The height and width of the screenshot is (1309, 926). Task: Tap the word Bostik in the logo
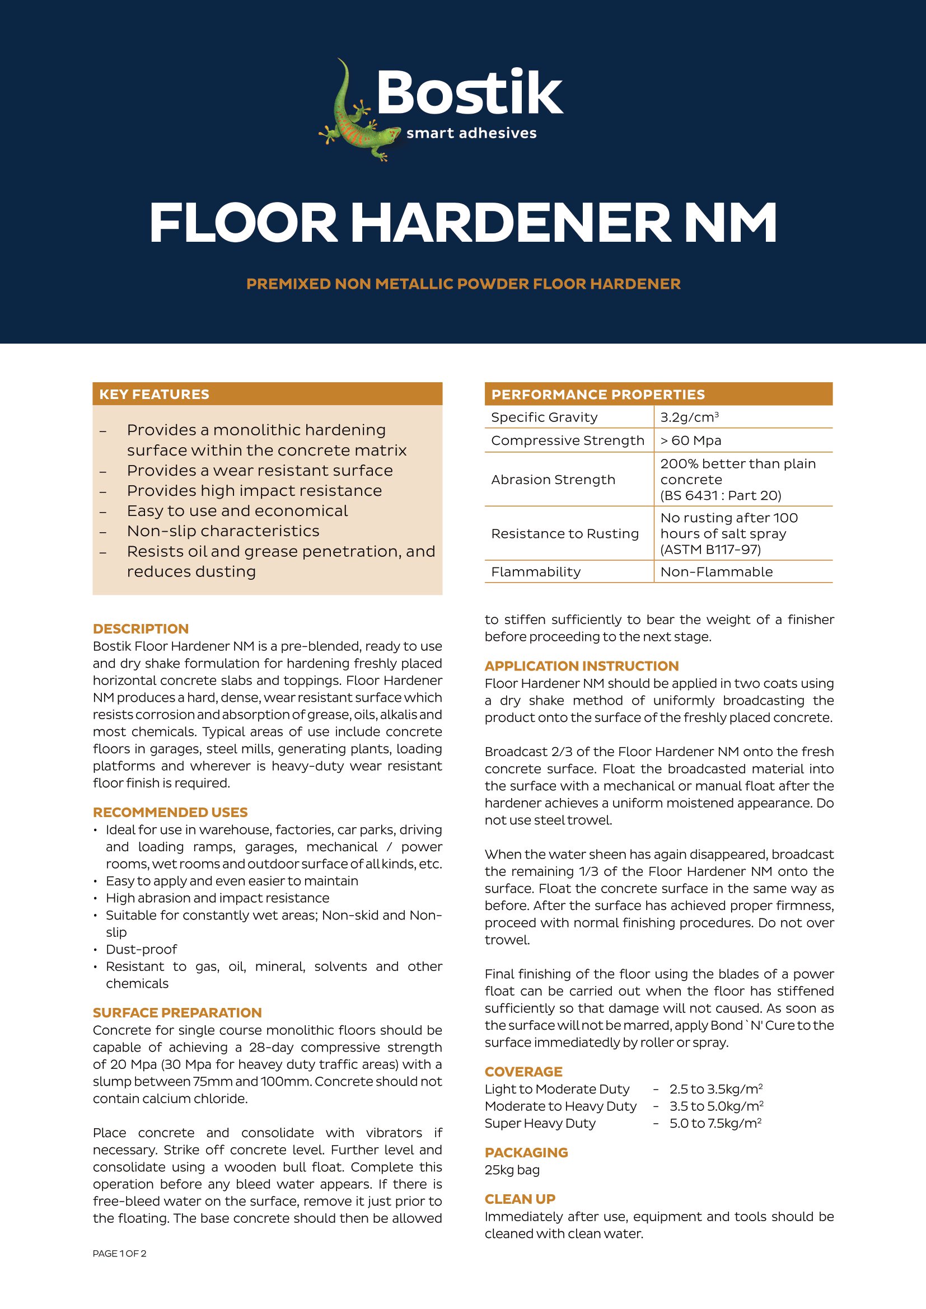(x=469, y=93)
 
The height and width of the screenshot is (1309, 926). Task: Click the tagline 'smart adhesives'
(x=471, y=133)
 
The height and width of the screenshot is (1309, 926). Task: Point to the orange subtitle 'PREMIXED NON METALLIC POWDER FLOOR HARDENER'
(x=463, y=284)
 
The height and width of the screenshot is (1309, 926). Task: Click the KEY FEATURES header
(x=154, y=394)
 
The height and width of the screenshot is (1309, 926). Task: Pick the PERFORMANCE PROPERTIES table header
(x=597, y=394)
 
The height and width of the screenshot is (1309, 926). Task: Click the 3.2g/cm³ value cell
(x=689, y=417)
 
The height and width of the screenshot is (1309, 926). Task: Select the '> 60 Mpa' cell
(x=690, y=440)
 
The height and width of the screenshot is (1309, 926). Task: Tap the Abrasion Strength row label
(x=553, y=480)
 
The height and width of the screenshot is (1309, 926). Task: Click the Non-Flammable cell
(x=716, y=572)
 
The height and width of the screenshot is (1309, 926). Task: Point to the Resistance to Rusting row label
(x=564, y=534)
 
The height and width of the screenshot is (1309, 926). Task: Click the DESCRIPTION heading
(x=141, y=628)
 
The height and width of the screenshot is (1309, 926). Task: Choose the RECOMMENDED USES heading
(x=170, y=812)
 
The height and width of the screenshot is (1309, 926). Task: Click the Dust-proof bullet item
(x=142, y=949)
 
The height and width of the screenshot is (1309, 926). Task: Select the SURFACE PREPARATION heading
(x=177, y=1012)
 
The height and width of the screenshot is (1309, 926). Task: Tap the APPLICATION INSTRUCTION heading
(x=581, y=666)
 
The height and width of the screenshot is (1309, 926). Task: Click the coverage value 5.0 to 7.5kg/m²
(x=715, y=1123)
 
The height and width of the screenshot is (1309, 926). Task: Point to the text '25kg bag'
(x=512, y=1170)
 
